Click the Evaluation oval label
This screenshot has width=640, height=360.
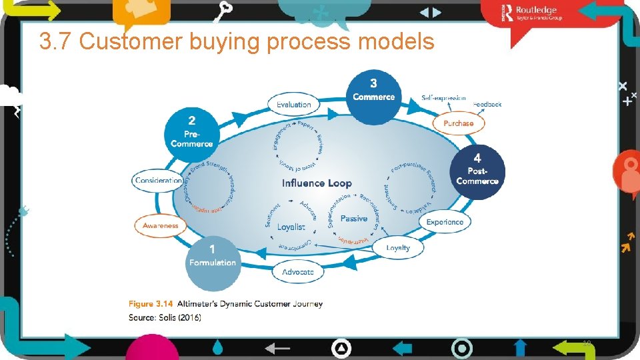click(x=294, y=105)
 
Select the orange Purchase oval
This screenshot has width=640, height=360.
click(x=458, y=123)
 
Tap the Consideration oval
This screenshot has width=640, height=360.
click(x=158, y=181)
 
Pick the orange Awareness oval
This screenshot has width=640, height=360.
click(x=161, y=225)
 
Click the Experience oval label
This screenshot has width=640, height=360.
click(x=445, y=222)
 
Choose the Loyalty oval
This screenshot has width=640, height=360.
click(x=398, y=248)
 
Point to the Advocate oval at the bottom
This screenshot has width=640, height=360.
click(x=298, y=272)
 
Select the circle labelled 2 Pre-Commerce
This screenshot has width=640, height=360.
click(x=192, y=134)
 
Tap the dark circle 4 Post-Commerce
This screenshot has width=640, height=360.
click(x=477, y=172)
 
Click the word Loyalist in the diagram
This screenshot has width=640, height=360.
click(x=291, y=227)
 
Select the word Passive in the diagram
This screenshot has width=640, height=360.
click(x=354, y=219)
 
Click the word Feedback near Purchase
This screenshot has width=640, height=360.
click(x=487, y=105)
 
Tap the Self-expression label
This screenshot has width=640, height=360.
click(x=443, y=98)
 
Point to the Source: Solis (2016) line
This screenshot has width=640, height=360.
click(x=165, y=317)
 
